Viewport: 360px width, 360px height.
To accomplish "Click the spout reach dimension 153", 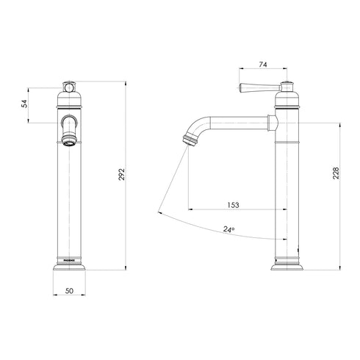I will pos(234,205).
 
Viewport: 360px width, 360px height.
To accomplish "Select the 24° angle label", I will pos(229,230).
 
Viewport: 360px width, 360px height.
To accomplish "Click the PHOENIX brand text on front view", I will pos(68,259).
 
